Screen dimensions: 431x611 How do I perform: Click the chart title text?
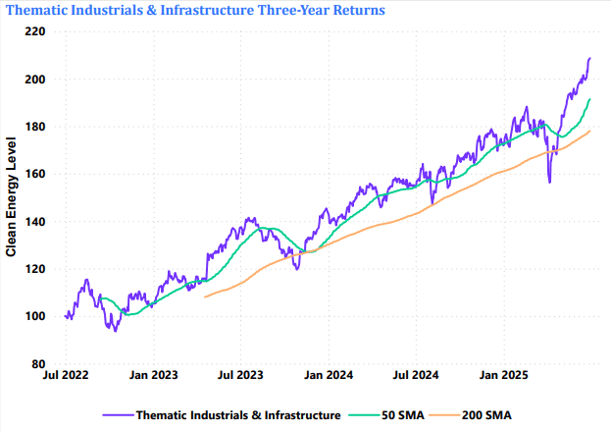point(194,10)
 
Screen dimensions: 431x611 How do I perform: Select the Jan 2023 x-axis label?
point(153,375)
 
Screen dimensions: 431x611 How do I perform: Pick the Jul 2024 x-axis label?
point(415,375)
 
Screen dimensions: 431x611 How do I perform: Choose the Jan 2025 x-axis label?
point(502,375)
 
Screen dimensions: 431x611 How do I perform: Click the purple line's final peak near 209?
point(590,58)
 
